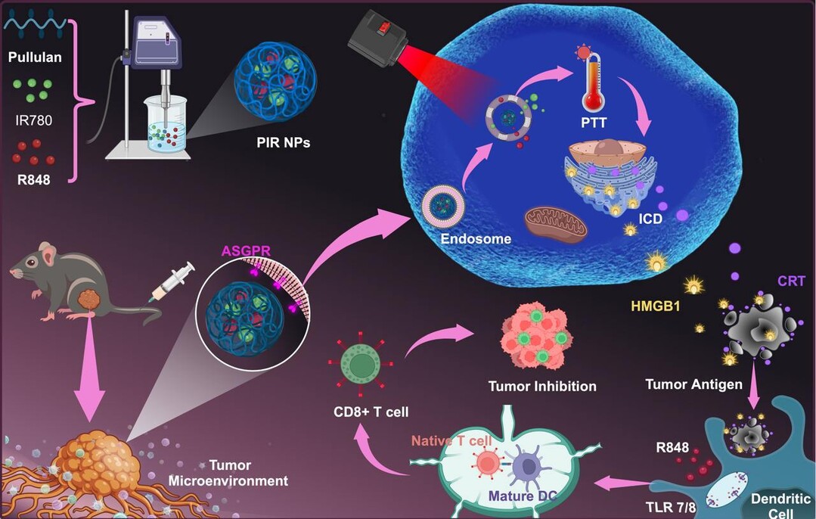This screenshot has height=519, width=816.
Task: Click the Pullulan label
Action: [35, 57]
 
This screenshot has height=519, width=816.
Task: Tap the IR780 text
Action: [35, 120]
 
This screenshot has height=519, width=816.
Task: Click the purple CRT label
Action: [790, 281]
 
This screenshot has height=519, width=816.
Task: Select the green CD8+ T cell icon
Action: [358, 365]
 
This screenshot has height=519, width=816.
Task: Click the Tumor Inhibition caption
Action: [542, 386]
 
